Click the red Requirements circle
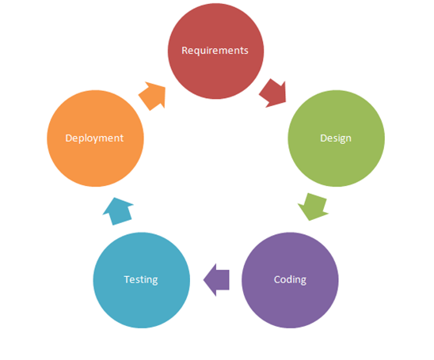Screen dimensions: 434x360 coord(215,51)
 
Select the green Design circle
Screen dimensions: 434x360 coord(337,138)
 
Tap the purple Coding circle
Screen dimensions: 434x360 coord(290,280)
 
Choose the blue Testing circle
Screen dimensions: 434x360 coord(142,280)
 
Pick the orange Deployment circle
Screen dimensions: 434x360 coord(96,138)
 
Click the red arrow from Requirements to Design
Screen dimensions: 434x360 coord(273,93)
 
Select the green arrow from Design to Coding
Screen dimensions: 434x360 coord(314,207)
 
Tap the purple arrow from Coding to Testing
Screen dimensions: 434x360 coord(216,280)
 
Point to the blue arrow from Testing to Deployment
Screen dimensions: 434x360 coord(118,211)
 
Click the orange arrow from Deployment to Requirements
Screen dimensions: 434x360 coord(153,96)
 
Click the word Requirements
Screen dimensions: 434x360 coord(215,51)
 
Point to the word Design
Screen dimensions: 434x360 coord(336,138)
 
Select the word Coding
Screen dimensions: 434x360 coord(290,280)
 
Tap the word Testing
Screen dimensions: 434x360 coord(141,280)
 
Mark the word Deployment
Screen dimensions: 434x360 coord(94,138)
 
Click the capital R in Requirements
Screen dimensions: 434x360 coord(185,51)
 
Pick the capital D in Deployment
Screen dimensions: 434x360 coord(69,138)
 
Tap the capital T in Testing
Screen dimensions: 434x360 coord(128,279)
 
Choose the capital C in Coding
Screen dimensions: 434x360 coord(277,279)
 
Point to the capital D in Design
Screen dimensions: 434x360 coord(324,138)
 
